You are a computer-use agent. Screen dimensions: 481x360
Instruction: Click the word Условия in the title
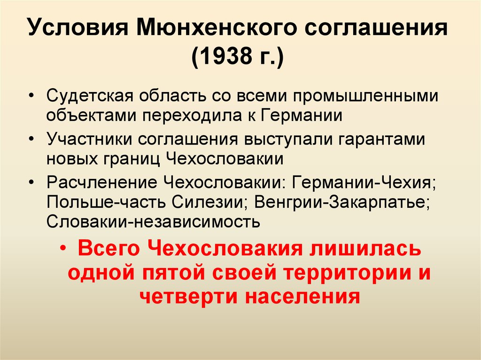78,27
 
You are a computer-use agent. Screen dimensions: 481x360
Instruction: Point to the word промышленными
365,96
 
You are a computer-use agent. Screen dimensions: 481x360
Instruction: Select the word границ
132,159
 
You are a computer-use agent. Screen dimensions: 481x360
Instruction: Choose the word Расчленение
102,183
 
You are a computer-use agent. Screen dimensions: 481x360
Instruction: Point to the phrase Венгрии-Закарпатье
342,202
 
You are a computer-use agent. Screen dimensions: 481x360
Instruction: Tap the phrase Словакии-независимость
154,222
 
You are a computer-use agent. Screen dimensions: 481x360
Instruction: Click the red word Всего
109,248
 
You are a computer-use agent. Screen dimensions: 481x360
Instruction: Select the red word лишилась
365,248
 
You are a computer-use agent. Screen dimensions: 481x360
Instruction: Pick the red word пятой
173,272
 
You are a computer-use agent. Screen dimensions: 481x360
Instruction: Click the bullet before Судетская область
31,96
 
